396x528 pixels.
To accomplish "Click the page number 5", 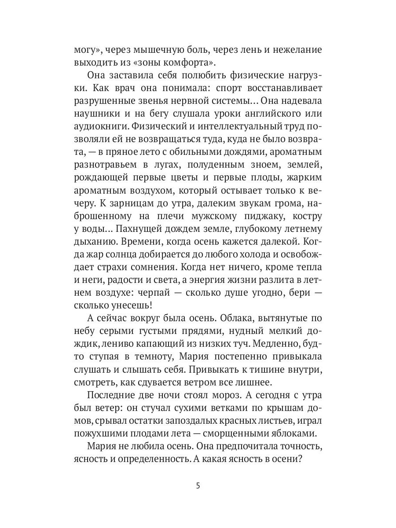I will (x=198, y=486).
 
